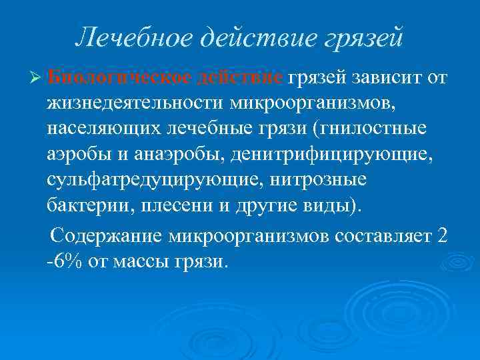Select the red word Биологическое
pyautogui.click(x=121, y=79)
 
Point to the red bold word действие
pyautogui.click(x=242, y=79)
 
